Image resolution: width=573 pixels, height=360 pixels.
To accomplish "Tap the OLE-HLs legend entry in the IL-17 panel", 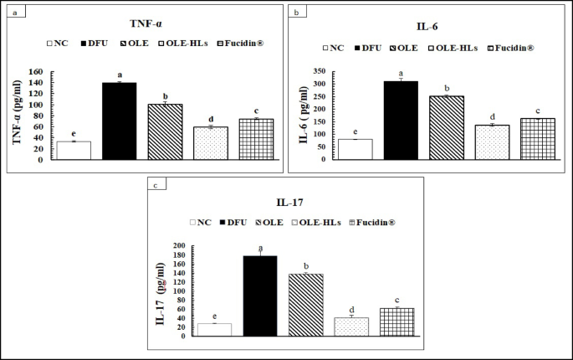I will tap(335, 222).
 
